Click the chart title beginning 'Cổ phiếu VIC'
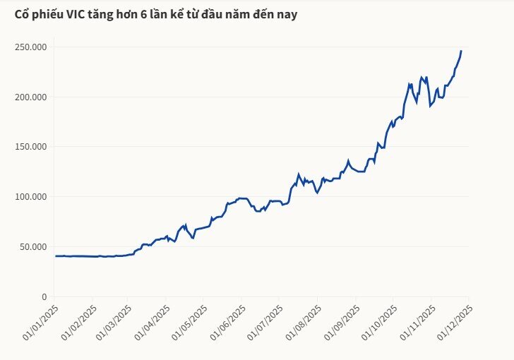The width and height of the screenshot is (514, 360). (155, 13)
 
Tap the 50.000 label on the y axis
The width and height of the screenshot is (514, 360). (34, 246)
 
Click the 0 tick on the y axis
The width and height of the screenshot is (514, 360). (44, 296)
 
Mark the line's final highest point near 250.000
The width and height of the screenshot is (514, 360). (461, 51)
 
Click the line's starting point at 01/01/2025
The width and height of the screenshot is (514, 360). (55, 256)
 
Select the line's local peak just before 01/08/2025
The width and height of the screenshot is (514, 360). (299, 174)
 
